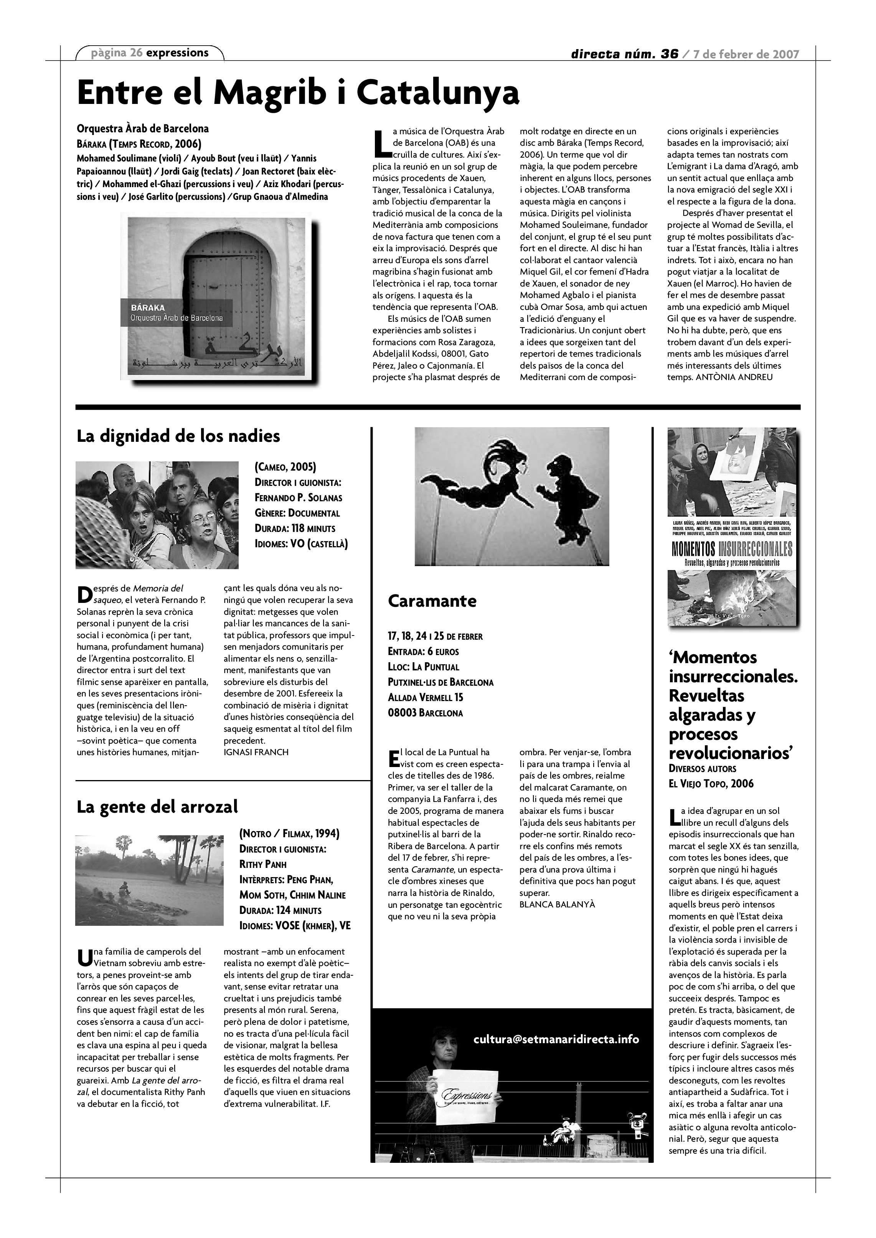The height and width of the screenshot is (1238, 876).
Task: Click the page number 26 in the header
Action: (137, 53)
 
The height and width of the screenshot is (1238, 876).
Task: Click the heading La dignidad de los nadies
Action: (178, 435)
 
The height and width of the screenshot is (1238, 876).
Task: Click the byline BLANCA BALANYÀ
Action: (557, 904)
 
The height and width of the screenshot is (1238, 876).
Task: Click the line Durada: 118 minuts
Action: (295, 528)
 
